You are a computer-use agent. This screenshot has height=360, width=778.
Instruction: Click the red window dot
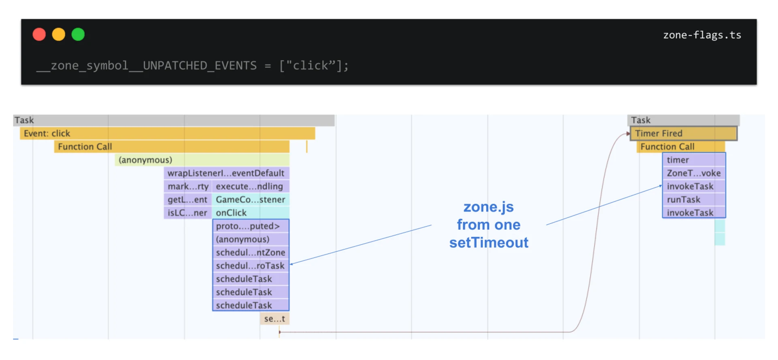click(39, 34)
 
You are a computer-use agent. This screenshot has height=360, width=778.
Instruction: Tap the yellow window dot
click(59, 34)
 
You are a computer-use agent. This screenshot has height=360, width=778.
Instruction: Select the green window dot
click(78, 34)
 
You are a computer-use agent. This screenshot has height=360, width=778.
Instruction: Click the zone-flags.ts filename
click(702, 35)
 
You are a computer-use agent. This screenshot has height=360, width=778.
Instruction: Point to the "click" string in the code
click(311, 66)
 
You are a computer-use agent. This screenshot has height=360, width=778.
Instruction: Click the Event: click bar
click(167, 133)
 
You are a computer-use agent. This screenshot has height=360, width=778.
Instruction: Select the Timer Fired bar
click(683, 133)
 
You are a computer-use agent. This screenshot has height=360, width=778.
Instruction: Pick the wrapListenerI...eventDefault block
click(226, 173)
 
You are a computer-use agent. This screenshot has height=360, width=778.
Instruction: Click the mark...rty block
click(188, 186)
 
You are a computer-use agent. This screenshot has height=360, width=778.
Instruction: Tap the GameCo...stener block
click(250, 199)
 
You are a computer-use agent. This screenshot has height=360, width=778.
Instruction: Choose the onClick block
click(250, 213)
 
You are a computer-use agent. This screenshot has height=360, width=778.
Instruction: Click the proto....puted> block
click(250, 226)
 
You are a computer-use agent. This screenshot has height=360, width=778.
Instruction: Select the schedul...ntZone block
click(250, 253)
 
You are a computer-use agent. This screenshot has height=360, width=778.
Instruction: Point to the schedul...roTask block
click(250, 266)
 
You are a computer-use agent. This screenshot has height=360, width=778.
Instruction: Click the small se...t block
click(274, 319)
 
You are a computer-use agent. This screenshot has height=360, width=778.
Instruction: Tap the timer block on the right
click(694, 160)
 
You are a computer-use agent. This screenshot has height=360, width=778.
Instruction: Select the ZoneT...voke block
click(694, 173)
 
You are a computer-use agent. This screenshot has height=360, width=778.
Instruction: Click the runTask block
click(694, 199)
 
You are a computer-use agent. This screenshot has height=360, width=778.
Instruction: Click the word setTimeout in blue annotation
click(489, 242)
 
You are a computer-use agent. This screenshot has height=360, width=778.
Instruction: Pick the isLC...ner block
click(188, 213)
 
